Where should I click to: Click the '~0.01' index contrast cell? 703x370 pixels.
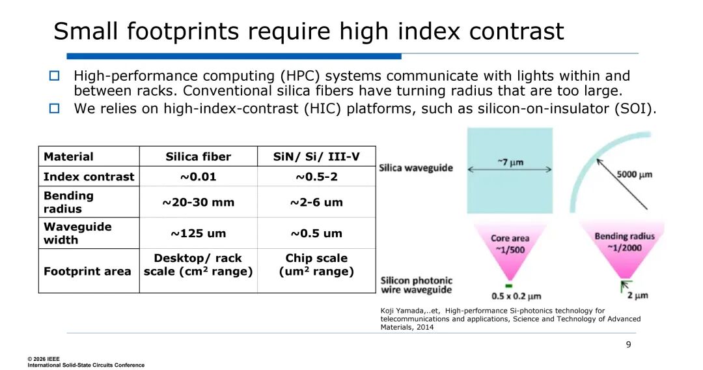pos(198,177)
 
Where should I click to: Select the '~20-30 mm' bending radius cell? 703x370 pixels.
pos(198,203)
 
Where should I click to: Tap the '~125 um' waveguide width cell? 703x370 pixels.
pos(198,233)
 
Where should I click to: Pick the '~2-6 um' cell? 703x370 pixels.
pos(316,203)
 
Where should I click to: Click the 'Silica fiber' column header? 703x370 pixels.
pos(198,156)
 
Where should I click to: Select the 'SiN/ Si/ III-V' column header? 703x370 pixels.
pos(316,156)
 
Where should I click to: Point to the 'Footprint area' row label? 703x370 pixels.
pos(87,272)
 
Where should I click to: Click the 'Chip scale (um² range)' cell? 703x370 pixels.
pos(316,264)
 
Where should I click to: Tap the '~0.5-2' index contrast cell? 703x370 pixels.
pos(316,177)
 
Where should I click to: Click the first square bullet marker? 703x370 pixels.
pos(54,76)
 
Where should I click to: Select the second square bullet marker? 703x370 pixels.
pos(54,109)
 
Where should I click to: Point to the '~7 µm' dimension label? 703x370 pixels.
pos(510,162)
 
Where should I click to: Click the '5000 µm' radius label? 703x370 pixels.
pos(635,174)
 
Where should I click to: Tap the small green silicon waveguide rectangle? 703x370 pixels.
pos(509,286)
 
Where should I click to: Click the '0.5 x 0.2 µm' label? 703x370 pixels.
pos(516,296)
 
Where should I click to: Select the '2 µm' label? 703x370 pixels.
pos(637,295)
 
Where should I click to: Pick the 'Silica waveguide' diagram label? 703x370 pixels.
pos(416,167)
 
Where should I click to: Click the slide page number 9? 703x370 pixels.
pos(629,345)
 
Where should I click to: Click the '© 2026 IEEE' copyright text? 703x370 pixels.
pos(44,359)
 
